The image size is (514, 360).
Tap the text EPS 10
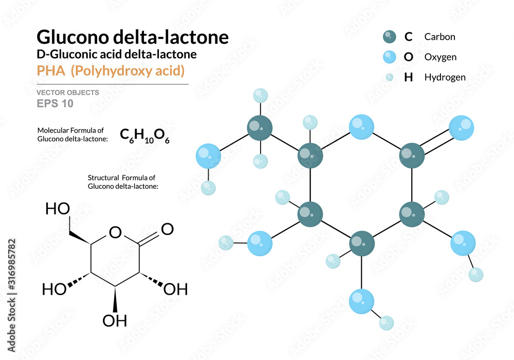(55, 103)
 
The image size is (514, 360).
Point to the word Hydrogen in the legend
(445, 77)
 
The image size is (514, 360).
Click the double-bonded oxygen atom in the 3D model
(461, 128)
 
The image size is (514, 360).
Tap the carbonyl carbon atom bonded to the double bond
(412, 153)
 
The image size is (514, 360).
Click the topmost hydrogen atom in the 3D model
(261, 96)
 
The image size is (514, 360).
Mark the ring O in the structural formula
(115, 233)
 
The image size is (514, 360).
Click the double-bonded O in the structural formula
(167, 228)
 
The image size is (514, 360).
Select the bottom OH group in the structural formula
(115, 320)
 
